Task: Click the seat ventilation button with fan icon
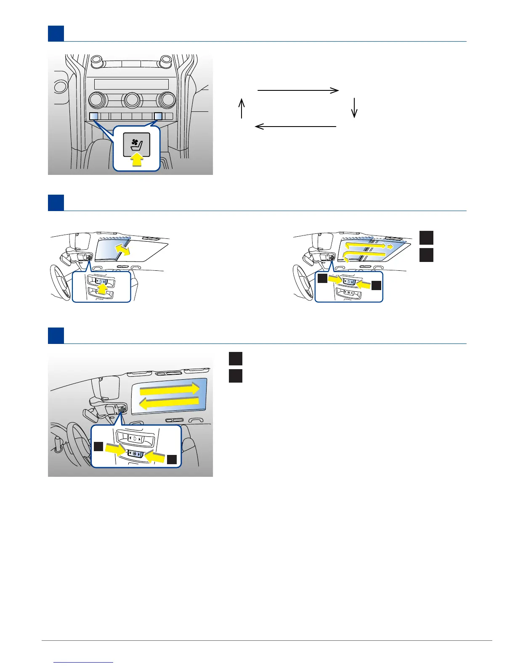[137, 145]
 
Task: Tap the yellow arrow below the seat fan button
[137, 160]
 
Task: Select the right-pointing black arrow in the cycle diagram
[298, 90]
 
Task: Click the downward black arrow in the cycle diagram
[354, 108]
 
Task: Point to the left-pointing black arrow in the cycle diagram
[296, 126]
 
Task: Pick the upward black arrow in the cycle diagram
[242, 108]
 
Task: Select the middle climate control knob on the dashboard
[132, 100]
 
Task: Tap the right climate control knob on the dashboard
[166, 100]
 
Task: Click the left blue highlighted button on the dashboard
[94, 116]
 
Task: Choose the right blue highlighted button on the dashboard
[158, 116]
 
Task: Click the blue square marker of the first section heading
[56, 34]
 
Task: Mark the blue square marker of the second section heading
[56, 203]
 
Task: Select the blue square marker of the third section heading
[56, 336]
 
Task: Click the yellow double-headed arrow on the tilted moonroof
[123, 250]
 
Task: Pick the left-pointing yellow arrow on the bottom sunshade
[169, 404]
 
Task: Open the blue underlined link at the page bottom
[84, 662]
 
